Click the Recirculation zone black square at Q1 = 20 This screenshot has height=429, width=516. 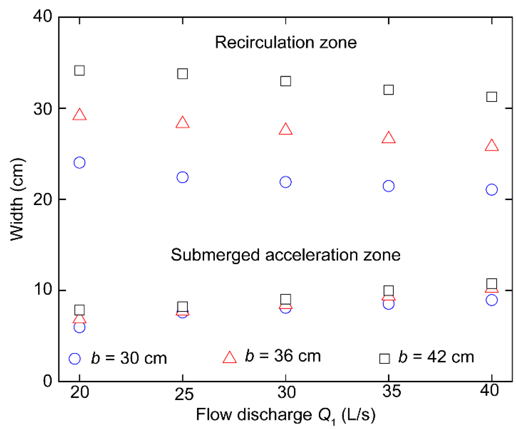click(79, 70)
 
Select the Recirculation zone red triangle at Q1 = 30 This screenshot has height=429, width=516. click(286, 129)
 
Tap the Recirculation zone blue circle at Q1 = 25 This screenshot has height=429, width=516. click(182, 177)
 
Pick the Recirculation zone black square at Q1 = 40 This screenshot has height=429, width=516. click(491, 97)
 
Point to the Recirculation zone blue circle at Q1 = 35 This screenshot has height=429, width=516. click(388, 186)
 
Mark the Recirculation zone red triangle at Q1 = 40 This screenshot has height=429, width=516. click(491, 146)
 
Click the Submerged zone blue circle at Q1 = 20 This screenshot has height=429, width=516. click(79, 327)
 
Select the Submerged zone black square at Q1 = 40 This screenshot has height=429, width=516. click(491, 284)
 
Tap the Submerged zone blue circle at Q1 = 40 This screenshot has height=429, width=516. click(491, 300)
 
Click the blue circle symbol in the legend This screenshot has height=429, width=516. click(75, 359)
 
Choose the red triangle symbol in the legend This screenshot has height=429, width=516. click(229, 358)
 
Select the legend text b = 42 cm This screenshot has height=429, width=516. click(436, 357)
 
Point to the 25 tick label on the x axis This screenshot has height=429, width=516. click(184, 394)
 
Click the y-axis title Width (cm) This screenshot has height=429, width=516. click(17, 199)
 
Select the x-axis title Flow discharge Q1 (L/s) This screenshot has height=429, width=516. click(286, 415)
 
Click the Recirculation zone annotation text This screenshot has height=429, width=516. click(286, 42)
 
